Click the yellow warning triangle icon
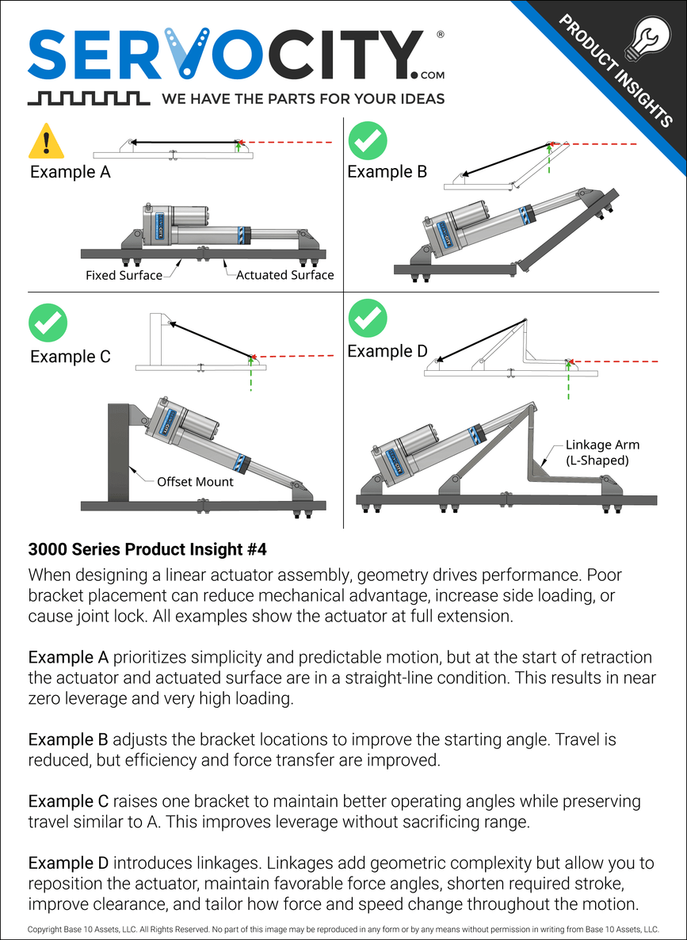47,142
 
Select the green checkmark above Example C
48,323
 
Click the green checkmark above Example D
368,317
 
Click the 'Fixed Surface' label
124,276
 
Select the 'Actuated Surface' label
284,276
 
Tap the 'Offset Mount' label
195,481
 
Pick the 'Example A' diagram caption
71,171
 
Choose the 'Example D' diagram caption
387,351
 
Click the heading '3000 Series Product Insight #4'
152,548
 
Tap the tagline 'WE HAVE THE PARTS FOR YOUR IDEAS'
303,99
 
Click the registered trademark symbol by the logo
440,36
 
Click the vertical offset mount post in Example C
118,452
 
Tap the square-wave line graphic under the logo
88,98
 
